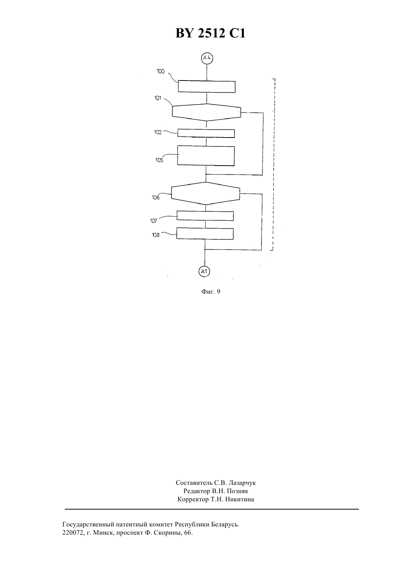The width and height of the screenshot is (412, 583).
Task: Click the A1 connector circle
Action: pos(205,272)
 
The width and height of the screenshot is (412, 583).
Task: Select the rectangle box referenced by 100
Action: pos(207,87)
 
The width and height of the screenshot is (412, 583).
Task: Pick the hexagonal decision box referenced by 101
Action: pos(206,112)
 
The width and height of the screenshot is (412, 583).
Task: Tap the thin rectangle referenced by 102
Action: pos(206,133)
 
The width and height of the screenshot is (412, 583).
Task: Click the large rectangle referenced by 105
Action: pos(206,155)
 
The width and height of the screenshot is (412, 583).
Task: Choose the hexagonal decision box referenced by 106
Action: pos(206,193)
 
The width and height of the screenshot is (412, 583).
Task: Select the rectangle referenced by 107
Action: pos(205,216)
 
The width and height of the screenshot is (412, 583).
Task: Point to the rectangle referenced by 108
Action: pos(205,233)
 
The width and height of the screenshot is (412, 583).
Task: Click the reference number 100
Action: pos(160,71)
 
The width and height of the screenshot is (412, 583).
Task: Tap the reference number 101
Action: pos(158,98)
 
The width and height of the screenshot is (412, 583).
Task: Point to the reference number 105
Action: pos(159,160)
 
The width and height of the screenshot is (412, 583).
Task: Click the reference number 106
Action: pos(156,197)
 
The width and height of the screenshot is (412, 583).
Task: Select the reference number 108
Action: pos(155,235)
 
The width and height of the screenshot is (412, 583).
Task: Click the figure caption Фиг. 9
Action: pos(210,291)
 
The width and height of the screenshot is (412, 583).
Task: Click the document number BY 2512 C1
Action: pos(210,33)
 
